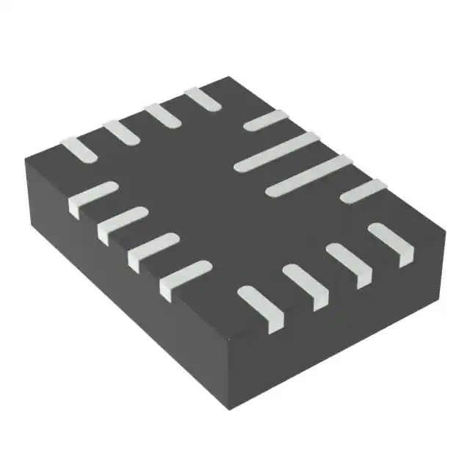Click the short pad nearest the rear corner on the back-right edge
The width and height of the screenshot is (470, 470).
tap(264, 120)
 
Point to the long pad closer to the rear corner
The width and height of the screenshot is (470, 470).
tap(277, 151)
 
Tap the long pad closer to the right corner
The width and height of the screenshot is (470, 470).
tap(308, 176)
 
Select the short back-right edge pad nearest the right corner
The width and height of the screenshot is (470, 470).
tap(364, 189)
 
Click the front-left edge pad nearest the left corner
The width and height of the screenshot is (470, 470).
tap(93, 198)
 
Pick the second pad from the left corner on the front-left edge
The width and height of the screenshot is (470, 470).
tap(122, 222)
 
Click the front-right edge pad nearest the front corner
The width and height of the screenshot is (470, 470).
tap(261, 305)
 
